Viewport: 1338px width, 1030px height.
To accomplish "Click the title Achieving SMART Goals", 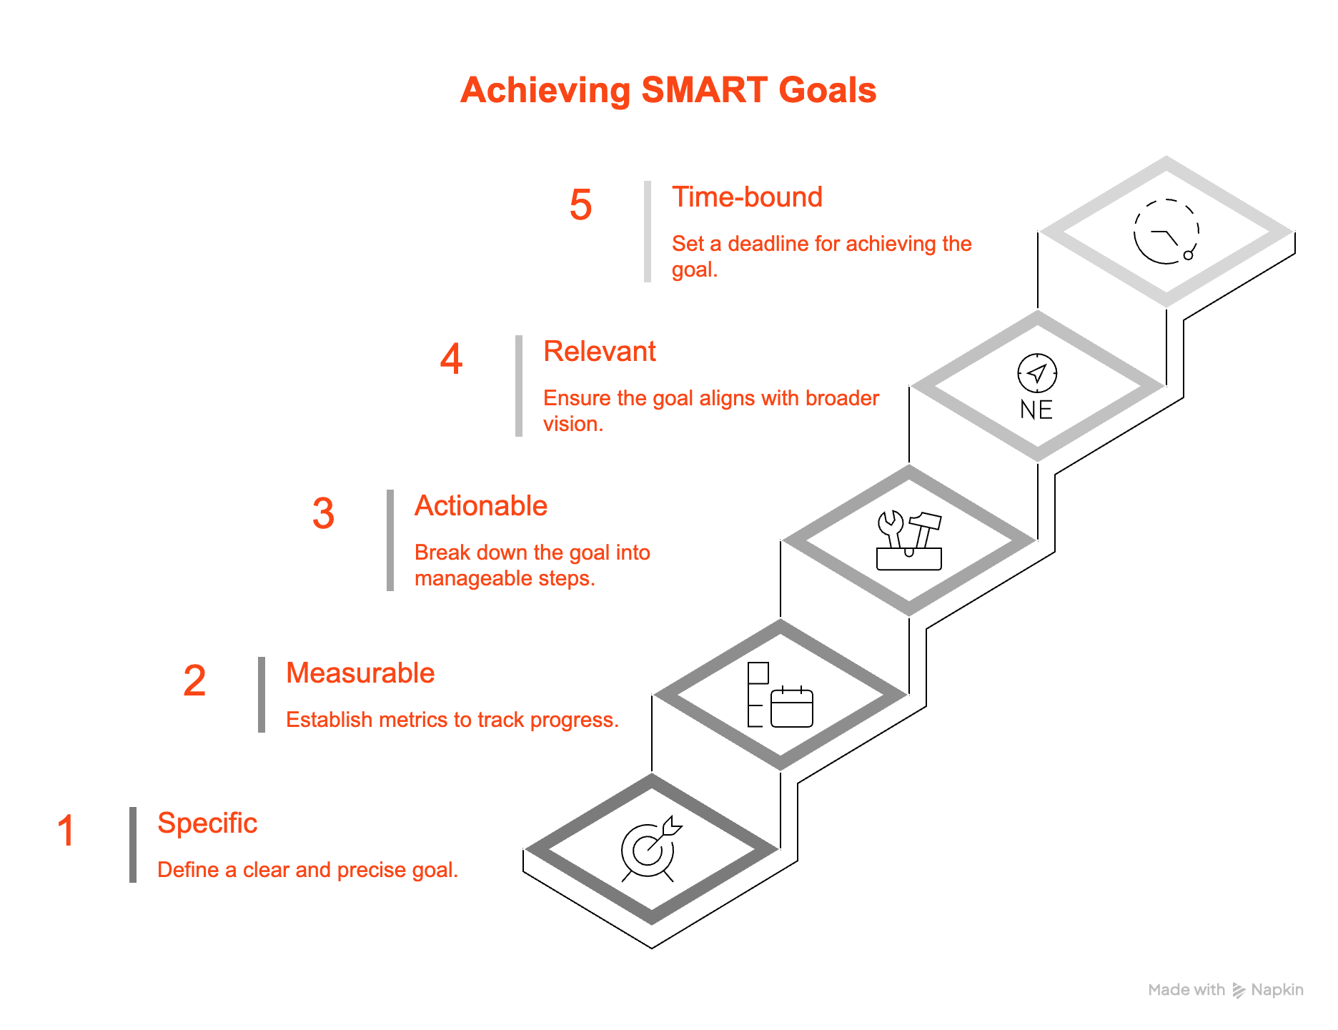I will pos(668,91).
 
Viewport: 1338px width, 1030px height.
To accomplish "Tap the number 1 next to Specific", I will pos(66,831).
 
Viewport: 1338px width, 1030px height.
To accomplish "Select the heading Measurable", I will pos(360,673).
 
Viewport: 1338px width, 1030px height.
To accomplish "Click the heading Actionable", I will pos(481,506).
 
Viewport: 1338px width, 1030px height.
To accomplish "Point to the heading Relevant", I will pos(600,352).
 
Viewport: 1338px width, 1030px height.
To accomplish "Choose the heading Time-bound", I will pos(747,197).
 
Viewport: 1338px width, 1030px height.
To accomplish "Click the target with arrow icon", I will pos(650,848).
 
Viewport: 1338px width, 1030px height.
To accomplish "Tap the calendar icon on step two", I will pos(792,706).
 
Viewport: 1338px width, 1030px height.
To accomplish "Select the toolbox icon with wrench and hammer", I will pos(909,541).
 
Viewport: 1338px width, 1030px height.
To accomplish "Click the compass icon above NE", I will pos(1037,372).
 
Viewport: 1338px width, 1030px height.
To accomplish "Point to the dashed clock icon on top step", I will pos(1166,232).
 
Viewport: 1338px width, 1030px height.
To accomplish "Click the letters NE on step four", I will pos(1036,410).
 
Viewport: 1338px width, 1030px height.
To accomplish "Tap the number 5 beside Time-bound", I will pos(580,205).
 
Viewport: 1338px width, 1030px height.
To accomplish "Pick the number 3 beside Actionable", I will pos(323,514).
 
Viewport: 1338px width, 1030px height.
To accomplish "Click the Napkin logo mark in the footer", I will pos(1239,990).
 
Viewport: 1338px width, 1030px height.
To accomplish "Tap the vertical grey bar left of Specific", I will pos(133,844).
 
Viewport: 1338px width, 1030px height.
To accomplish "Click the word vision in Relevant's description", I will pos(570,424).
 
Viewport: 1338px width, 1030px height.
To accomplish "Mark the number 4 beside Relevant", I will pos(451,359).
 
